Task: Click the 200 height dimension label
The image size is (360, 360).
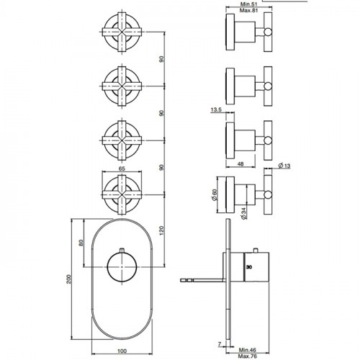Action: click(x=69, y=279)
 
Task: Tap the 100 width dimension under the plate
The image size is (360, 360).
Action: click(x=122, y=351)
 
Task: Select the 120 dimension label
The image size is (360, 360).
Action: click(x=161, y=230)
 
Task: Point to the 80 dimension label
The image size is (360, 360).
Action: click(x=81, y=243)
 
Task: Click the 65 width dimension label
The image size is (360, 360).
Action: click(x=122, y=168)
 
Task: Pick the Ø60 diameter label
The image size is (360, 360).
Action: click(x=215, y=195)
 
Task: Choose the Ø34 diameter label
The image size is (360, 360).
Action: click(x=243, y=213)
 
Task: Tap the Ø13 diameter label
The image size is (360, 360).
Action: click(x=284, y=166)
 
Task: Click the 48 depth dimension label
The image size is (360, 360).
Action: click(x=240, y=163)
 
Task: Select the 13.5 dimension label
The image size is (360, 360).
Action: click(x=216, y=110)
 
